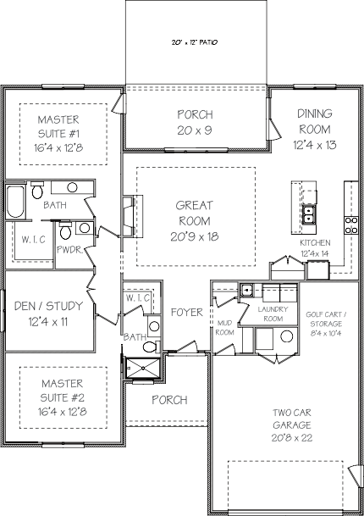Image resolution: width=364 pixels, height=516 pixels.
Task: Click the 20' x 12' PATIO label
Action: (x=195, y=42)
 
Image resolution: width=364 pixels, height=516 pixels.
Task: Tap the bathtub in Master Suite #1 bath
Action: (x=15, y=202)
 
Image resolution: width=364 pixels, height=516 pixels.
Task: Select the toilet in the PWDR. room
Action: (x=65, y=230)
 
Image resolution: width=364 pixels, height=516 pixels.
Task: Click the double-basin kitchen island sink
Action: (x=309, y=214)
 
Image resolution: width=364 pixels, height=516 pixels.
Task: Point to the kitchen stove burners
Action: (x=351, y=225)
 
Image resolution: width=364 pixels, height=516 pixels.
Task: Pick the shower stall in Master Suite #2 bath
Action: (x=143, y=368)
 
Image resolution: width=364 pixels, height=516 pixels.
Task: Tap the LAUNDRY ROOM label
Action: (x=273, y=314)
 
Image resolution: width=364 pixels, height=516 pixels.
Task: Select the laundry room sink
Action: (x=246, y=291)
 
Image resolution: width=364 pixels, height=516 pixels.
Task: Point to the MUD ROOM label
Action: (x=225, y=328)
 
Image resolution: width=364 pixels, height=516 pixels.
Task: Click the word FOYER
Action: (x=187, y=313)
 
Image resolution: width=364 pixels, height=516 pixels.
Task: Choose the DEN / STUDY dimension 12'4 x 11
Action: (x=48, y=321)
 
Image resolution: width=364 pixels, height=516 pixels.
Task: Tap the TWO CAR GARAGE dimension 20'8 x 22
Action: (x=292, y=438)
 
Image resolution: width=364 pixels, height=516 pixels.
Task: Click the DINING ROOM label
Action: (x=315, y=121)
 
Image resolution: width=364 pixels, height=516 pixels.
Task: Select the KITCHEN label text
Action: (x=315, y=243)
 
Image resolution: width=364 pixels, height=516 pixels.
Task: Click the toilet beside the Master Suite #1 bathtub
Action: (x=37, y=190)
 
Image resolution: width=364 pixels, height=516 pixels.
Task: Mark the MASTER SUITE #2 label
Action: (x=62, y=391)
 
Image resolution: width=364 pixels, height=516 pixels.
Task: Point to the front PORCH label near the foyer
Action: (x=169, y=400)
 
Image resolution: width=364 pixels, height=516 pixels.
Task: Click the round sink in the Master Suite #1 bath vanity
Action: (x=72, y=187)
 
